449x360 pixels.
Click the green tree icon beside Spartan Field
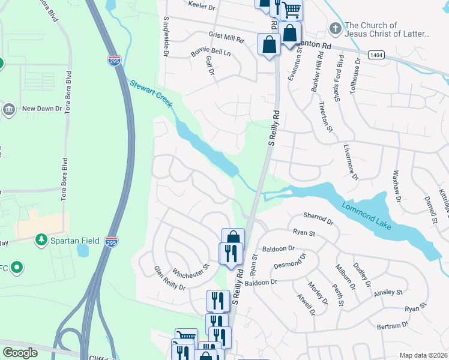coord(41,241)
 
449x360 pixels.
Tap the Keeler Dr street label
coord(201,5)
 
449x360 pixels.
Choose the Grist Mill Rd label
coord(226,39)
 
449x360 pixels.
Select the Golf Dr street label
coord(209,66)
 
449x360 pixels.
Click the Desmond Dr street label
coord(290,260)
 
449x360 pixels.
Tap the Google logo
coord(20,353)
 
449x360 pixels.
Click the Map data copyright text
coord(423,355)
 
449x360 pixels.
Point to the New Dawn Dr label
coord(41,109)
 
